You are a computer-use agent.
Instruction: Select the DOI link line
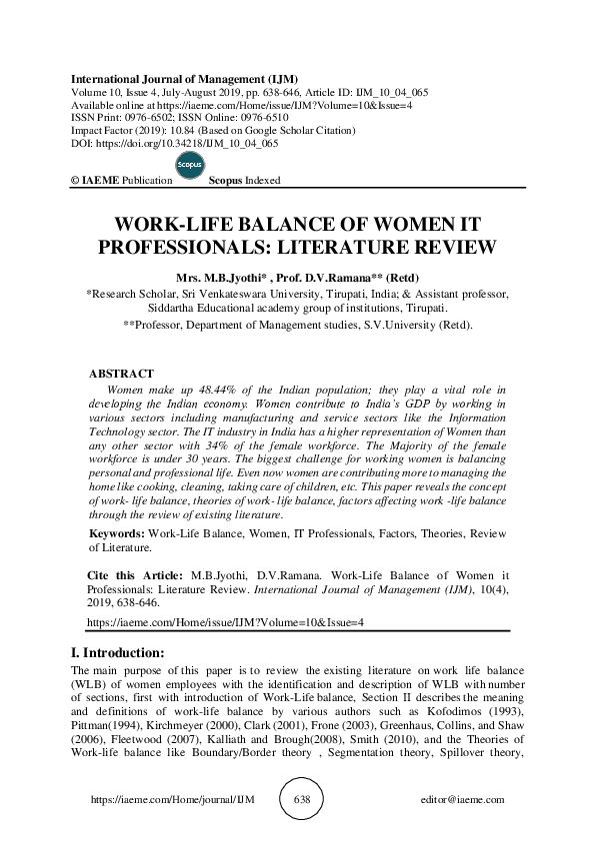tap(173, 144)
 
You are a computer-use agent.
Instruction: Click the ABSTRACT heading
tap(121, 373)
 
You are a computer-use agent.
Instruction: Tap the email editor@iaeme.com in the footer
tap(464, 800)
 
